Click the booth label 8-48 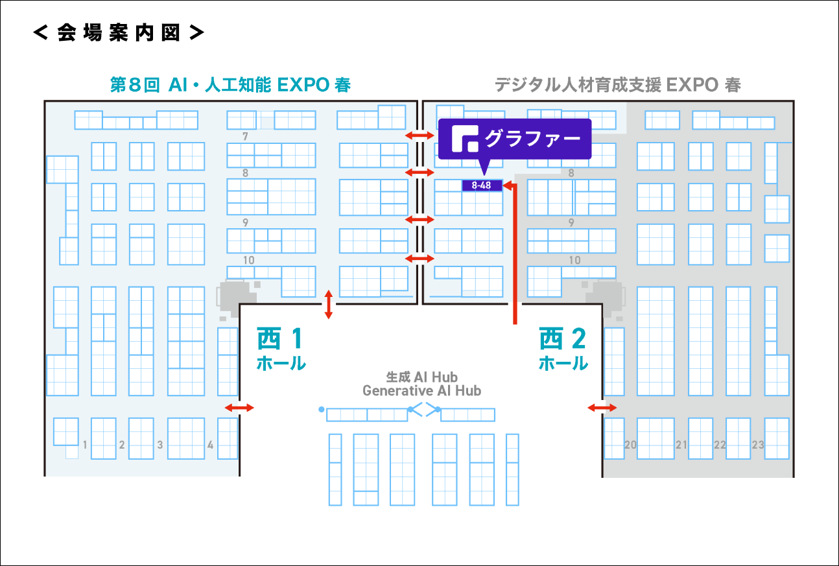coord(482,186)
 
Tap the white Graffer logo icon coord(464,139)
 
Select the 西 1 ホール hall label coord(281,349)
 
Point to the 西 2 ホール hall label coord(563,349)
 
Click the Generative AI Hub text coord(421,391)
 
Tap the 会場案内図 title coord(119,34)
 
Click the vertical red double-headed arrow coord(329,304)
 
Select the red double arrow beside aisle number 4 coord(239,408)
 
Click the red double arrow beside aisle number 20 coord(602,408)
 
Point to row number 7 coord(245,137)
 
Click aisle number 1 coord(85,445)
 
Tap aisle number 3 coord(160,445)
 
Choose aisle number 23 coord(758,445)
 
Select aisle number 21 coord(681,445)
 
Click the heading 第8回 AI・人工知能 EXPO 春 coord(230,85)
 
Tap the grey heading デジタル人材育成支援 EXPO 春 coord(617,85)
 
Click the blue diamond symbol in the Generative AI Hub coord(424,409)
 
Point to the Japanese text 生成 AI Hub coord(421,377)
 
